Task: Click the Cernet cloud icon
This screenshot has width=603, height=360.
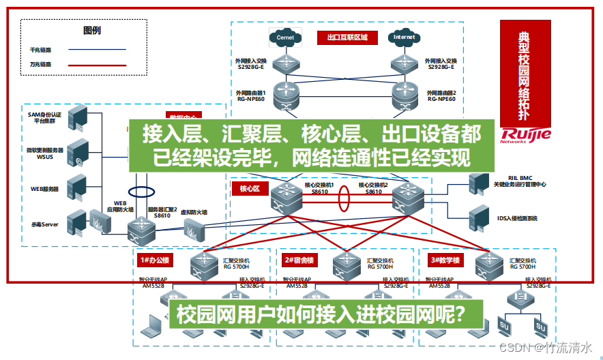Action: point(285,38)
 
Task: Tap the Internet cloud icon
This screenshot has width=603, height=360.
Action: point(404,38)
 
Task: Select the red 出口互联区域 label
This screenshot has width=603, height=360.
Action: point(347,38)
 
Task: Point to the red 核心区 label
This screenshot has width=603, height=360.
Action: point(250,187)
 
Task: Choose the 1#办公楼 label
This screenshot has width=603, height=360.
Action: point(153,260)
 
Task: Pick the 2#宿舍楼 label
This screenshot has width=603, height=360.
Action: point(299,260)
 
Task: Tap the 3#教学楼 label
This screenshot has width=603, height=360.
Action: point(444,260)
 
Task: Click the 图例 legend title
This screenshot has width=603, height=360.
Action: point(92,31)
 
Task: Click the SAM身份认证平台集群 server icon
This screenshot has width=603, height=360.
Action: point(78,117)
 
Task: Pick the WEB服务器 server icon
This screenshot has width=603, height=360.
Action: point(78,187)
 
